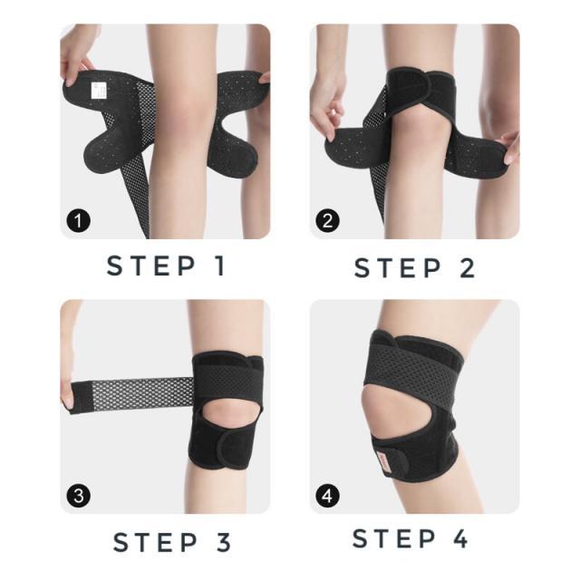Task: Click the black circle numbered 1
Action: click(x=79, y=221)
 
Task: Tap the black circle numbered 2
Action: click(x=328, y=221)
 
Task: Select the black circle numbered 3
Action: click(x=79, y=496)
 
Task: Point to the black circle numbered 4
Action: click(x=328, y=496)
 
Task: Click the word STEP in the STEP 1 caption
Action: click(x=151, y=266)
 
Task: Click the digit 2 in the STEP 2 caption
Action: click(x=467, y=268)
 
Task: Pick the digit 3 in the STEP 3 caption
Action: click(x=224, y=542)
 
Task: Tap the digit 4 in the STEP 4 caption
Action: click(x=460, y=538)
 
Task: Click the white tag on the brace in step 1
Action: click(x=99, y=91)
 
